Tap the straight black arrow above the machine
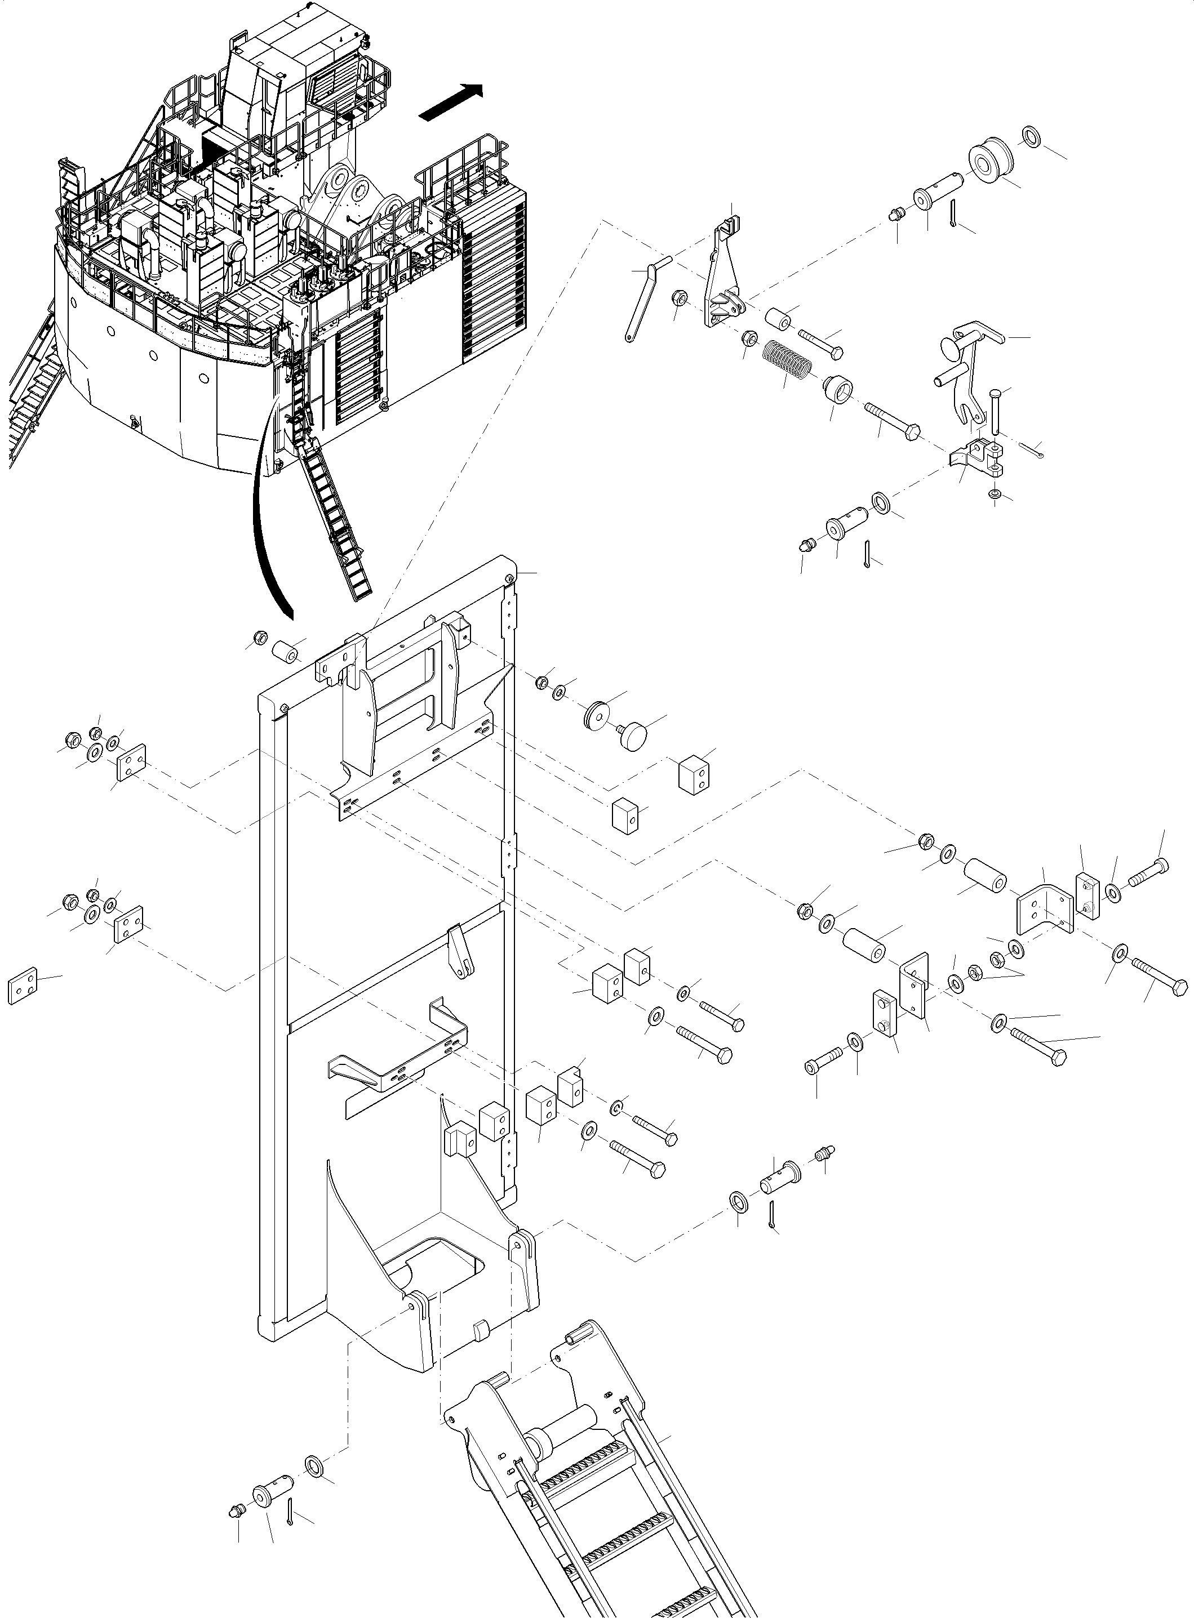point(450,102)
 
